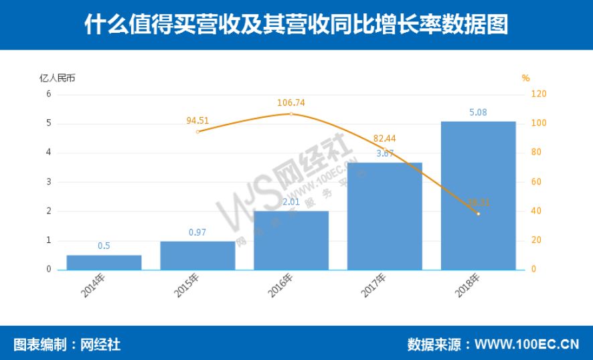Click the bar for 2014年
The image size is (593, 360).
(x=104, y=262)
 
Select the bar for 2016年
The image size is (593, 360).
(x=291, y=240)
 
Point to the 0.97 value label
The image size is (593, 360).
(x=197, y=232)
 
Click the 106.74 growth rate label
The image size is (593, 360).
(x=291, y=103)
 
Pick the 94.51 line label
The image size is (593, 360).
(x=197, y=121)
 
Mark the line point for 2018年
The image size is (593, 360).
(x=478, y=213)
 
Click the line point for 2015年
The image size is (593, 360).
(x=197, y=132)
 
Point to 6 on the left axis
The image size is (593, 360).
(x=49, y=94)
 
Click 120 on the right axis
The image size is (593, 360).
(x=539, y=94)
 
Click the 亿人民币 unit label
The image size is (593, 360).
(x=58, y=78)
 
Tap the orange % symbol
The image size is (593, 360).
(x=526, y=78)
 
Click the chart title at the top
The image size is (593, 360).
(x=296, y=25)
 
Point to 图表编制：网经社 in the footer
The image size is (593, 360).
(x=67, y=345)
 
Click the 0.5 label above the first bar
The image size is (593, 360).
(x=104, y=246)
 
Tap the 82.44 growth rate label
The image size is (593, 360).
(x=384, y=139)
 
